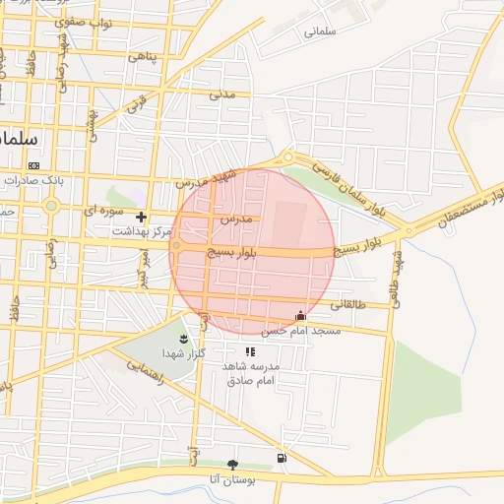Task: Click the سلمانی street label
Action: tap(322, 31)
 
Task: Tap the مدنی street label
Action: tap(223, 95)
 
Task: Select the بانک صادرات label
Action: tap(33, 181)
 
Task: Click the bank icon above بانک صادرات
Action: tap(34, 165)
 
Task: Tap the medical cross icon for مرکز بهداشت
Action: tap(142, 217)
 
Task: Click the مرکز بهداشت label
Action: tap(142, 232)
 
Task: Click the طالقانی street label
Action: tap(346, 305)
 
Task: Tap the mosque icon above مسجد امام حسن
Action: tap(300, 316)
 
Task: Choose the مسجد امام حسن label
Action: tap(311, 332)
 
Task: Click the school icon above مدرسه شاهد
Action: tap(250, 351)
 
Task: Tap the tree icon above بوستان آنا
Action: tap(233, 464)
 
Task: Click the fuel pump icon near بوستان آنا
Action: tap(283, 459)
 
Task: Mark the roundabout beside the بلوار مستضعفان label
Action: tap(408, 232)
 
